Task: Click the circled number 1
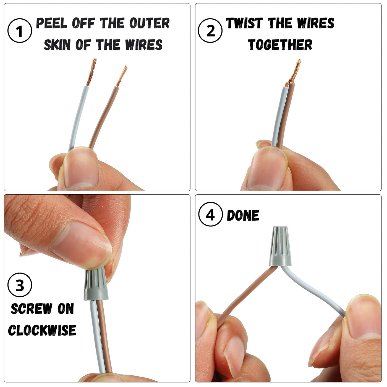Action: click(x=20, y=30)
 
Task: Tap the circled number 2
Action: click(x=210, y=30)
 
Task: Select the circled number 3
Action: click(x=20, y=285)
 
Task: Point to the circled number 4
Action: click(x=210, y=214)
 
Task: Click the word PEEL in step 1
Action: click(x=52, y=23)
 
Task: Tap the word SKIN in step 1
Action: click(x=57, y=45)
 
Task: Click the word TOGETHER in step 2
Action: click(x=280, y=45)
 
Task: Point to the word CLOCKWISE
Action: click(x=42, y=330)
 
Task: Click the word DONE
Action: click(x=243, y=216)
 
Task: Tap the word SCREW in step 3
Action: click(x=32, y=309)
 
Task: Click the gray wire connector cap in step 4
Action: click(x=280, y=246)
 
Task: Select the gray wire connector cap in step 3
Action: click(x=96, y=284)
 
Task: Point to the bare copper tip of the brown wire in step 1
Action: click(x=122, y=76)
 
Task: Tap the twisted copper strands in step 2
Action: click(x=293, y=72)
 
